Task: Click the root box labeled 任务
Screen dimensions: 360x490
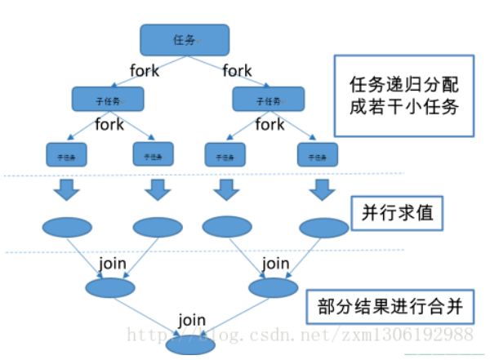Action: [184, 38]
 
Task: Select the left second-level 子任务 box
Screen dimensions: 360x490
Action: [107, 100]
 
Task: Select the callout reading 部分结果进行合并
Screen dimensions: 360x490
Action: [390, 306]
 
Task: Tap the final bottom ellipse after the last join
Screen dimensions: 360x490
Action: [190, 344]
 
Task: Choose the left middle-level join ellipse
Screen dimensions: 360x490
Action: [109, 287]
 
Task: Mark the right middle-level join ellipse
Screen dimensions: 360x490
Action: [269, 287]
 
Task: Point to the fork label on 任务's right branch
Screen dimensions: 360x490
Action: [237, 70]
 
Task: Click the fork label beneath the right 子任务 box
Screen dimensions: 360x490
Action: [269, 125]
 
